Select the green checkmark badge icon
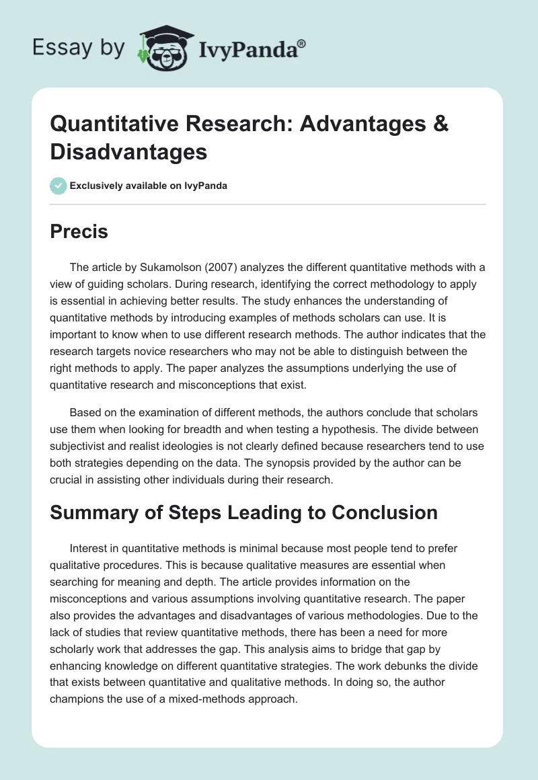coord(58,186)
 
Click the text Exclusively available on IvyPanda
coord(149,186)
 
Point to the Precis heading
coord(79,232)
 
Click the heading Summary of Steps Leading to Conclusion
coord(243,512)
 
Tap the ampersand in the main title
coord(439,124)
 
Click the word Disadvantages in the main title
coord(128,152)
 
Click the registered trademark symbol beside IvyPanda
coord(302,43)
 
